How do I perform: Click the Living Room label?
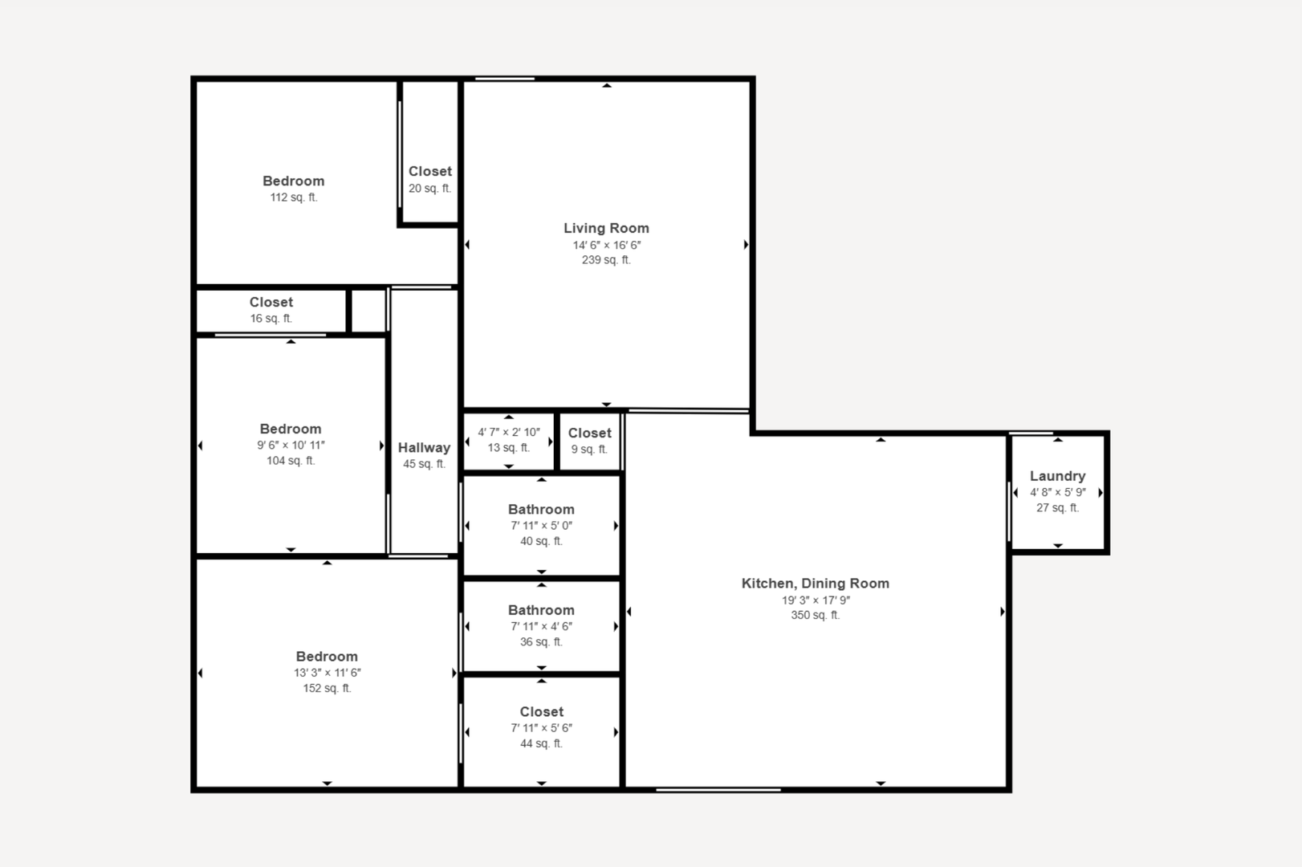tap(606, 229)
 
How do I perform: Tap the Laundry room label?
tap(1057, 476)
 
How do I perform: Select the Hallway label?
tap(425, 448)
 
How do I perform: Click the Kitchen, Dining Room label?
tap(815, 584)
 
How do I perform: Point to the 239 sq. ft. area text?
tap(606, 260)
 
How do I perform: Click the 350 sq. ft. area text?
tap(815, 615)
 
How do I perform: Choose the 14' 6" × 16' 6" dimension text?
tap(606, 246)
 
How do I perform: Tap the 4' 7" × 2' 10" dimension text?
tap(509, 433)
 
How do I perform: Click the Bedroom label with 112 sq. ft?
tap(294, 181)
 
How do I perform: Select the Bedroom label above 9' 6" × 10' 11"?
tap(291, 429)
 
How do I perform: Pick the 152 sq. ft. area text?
tap(327, 689)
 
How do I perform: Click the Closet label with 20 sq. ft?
tap(430, 172)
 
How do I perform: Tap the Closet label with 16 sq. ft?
tap(271, 303)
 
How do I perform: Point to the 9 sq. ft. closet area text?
tap(589, 450)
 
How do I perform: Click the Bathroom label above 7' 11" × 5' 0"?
tap(541, 510)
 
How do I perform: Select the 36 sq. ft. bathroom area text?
tap(541, 642)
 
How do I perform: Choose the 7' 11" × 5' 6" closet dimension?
tap(541, 728)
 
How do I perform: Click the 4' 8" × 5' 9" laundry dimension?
tap(1058, 493)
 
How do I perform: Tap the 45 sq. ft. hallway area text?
tap(425, 464)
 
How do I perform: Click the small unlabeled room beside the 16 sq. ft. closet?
tap(368, 311)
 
